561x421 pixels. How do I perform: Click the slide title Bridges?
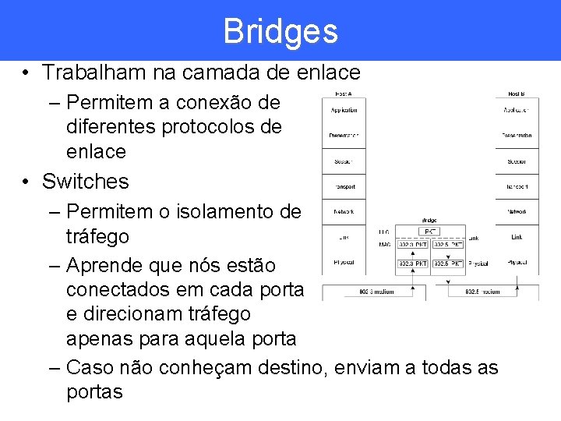coord(280,31)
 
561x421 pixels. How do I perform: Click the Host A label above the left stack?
coord(344,94)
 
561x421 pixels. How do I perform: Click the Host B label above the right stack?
coord(517,94)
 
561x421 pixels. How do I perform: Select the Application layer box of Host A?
coord(344,110)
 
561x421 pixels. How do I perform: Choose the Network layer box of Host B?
coord(517,211)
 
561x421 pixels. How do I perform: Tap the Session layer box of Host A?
coord(344,161)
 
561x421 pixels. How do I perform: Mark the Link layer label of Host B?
coord(517,236)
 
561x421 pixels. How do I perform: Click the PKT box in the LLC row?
coord(429,232)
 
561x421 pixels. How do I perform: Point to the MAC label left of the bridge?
coord(384,245)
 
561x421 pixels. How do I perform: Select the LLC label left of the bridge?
coord(384,232)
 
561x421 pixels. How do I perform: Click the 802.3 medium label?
coord(376,292)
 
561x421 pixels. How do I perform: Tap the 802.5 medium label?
coord(483,292)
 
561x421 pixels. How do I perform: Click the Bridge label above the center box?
coord(429,220)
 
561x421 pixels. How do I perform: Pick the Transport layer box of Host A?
coord(344,186)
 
